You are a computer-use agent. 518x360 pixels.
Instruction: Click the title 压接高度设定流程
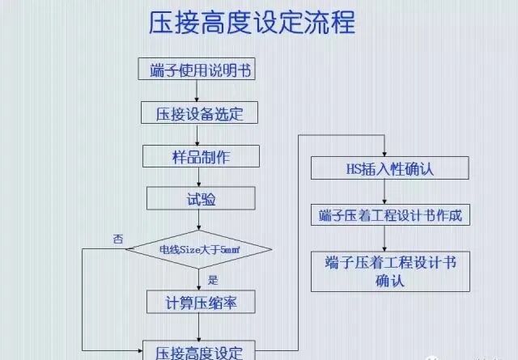[252, 23]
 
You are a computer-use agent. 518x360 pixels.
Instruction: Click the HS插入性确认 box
[390, 170]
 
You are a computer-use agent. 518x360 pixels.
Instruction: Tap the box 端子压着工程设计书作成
[390, 216]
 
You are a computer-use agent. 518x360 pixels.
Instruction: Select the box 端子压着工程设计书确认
[390, 271]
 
